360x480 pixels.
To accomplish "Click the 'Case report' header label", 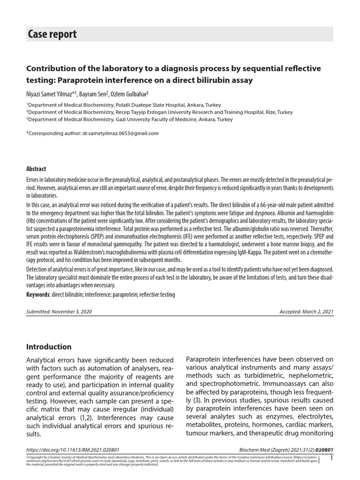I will point(52,34).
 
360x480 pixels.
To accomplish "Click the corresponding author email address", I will point(120,133).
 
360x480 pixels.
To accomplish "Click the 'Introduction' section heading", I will point(49,347).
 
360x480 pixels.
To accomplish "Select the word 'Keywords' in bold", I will point(37,294).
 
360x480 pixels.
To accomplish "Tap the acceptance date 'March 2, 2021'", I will point(318,312).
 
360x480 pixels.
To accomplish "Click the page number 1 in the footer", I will point(331,458).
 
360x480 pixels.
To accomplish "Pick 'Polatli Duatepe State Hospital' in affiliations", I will point(155,105).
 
